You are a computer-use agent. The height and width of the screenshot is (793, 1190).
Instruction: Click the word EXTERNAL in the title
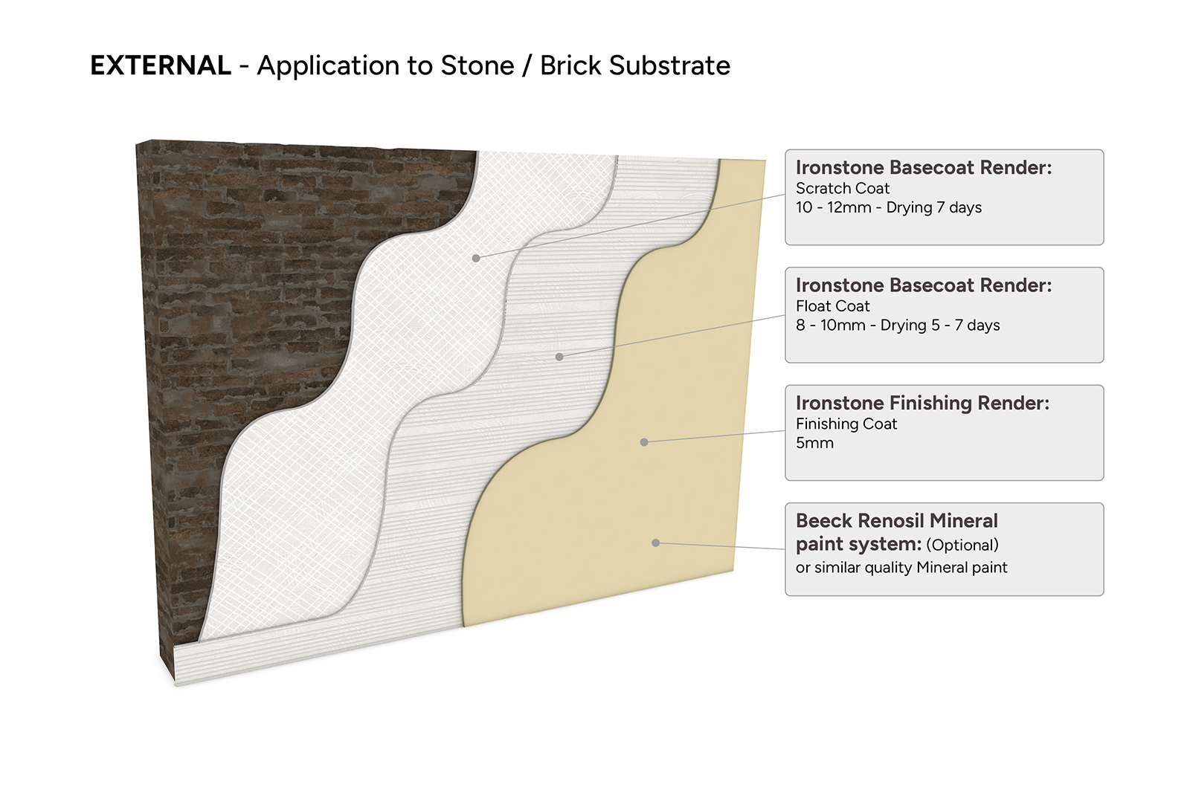pos(161,65)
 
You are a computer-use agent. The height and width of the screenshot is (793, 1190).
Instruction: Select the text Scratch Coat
pos(843,189)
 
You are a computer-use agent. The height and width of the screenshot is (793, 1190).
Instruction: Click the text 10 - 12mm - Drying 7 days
pos(889,207)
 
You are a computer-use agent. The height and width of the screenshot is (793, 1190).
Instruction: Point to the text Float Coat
pos(832,306)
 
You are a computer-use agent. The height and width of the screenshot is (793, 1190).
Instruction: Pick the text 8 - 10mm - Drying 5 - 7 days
pos(898,326)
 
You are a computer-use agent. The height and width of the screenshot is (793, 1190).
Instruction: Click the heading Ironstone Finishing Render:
pos(923,403)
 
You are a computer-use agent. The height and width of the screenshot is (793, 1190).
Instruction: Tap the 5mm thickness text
pos(814,443)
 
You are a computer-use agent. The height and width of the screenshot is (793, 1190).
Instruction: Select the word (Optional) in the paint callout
pos(962,545)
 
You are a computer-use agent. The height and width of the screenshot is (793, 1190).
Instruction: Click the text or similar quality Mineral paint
pos(901,568)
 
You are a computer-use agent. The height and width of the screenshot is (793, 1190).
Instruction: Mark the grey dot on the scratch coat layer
pos(476,258)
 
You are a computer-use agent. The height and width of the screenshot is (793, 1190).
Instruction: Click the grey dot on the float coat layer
pos(559,357)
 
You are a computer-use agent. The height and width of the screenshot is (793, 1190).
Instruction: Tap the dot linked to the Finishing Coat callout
pos(644,442)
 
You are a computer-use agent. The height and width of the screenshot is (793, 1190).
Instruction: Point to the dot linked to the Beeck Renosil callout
pos(655,543)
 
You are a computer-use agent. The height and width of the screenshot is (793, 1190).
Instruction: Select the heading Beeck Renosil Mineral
pos(897,521)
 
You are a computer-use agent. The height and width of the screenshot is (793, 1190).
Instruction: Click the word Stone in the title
pos(477,65)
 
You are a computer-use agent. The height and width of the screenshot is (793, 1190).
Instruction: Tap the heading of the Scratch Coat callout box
pos(924,168)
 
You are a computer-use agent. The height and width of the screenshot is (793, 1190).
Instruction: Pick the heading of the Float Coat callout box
pos(924,285)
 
